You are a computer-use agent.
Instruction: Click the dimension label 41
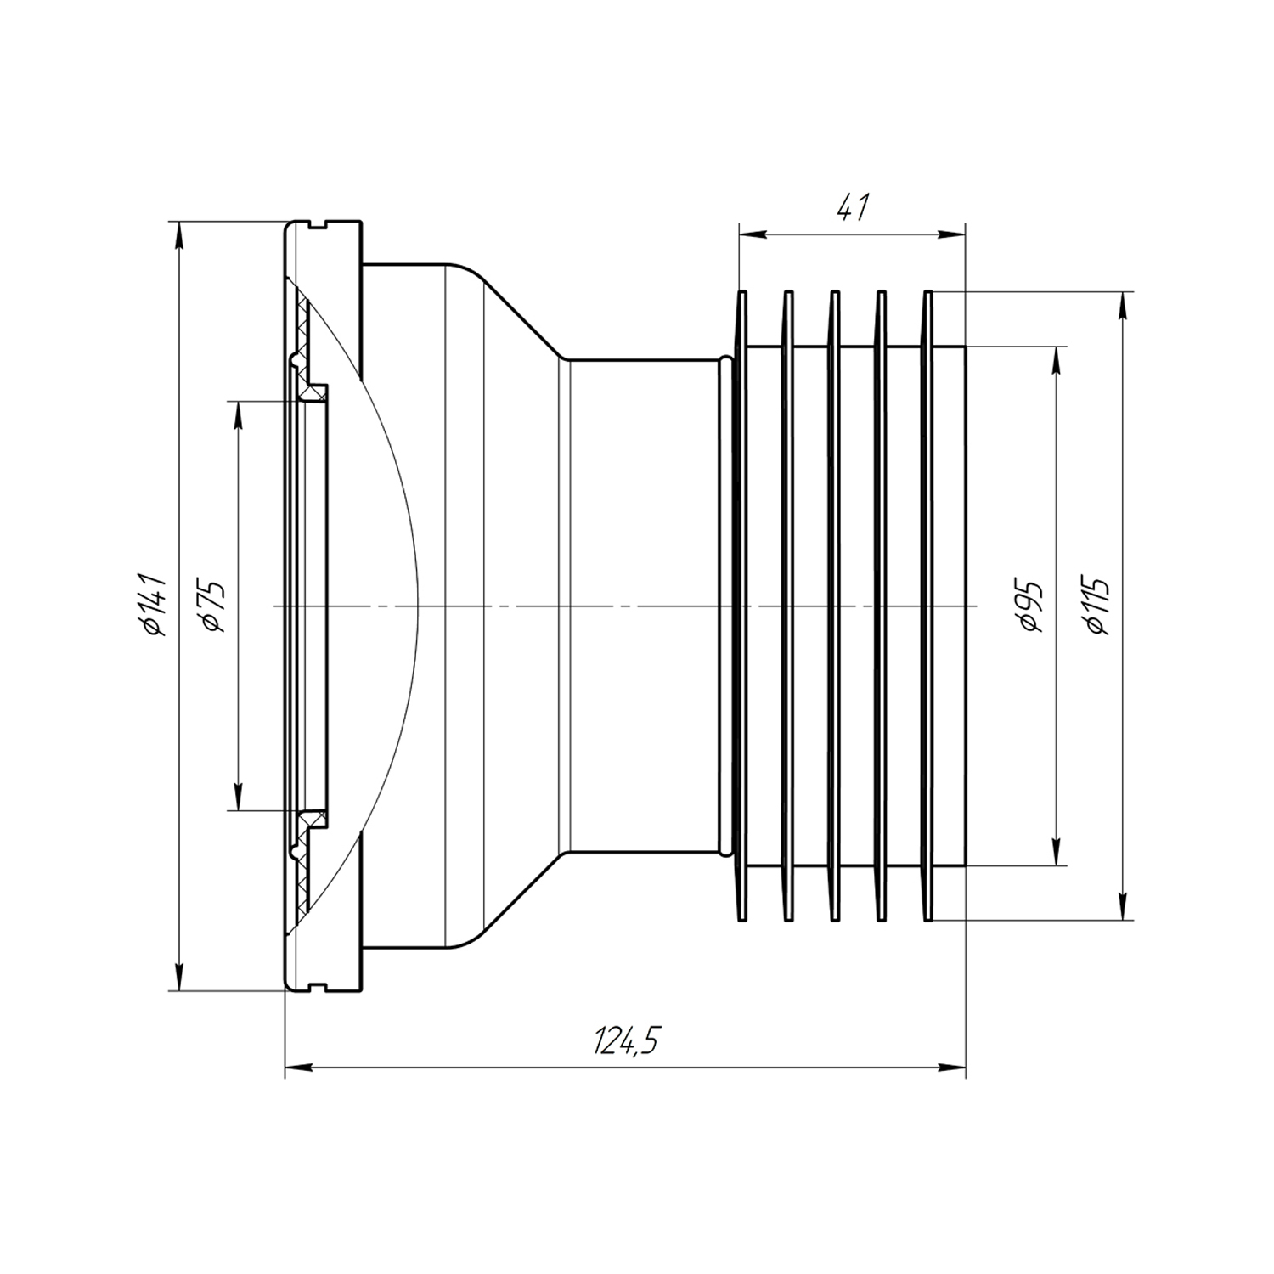pyautogui.click(x=854, y=208)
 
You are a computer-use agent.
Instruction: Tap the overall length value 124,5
pyautogui.click(x=626, y=1040)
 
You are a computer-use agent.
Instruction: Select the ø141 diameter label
pyautogui.click(x=156, y=605)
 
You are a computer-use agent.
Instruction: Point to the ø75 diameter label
pyautogui.click(x=212, y=606)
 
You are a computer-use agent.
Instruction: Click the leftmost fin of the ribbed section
pyautogui.click(x=741, y=606)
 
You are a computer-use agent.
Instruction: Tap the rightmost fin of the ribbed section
pyautogui.click(x=928, y=606)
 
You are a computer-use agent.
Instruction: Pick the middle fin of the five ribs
pyautogui.click(x=835, y=606)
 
